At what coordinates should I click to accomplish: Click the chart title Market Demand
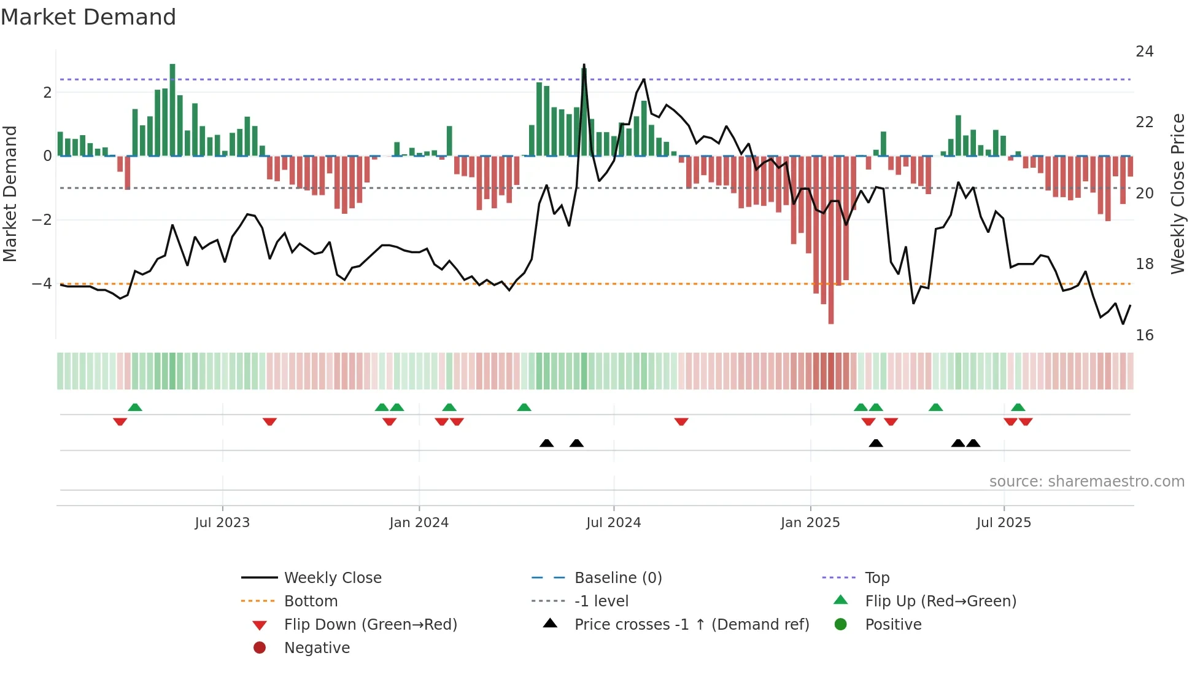[88, 17]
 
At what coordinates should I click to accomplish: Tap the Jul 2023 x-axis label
[222, 523]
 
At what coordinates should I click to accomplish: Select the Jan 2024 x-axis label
[419, 523]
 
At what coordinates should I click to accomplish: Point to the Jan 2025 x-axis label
[810, 523]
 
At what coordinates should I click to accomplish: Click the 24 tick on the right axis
[1144, 52]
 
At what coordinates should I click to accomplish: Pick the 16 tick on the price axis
[1144, 335]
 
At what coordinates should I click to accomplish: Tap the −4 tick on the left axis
[42, 284]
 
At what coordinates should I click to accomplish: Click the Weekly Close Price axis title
[1177, 194]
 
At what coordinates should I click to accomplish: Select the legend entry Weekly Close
[332, 578]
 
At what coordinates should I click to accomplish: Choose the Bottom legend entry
[311, 601]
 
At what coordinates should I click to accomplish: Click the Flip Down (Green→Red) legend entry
[370, 625]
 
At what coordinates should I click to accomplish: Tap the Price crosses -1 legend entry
[691, 625]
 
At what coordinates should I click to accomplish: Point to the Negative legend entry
[317, 648]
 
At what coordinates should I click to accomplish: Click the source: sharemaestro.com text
[1086, 482]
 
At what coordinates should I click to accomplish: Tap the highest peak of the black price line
[584, 65]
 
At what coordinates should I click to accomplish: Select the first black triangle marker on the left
[546, 443]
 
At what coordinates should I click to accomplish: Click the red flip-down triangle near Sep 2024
[681, 421]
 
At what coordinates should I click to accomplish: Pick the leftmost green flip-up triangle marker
[135, 407]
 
